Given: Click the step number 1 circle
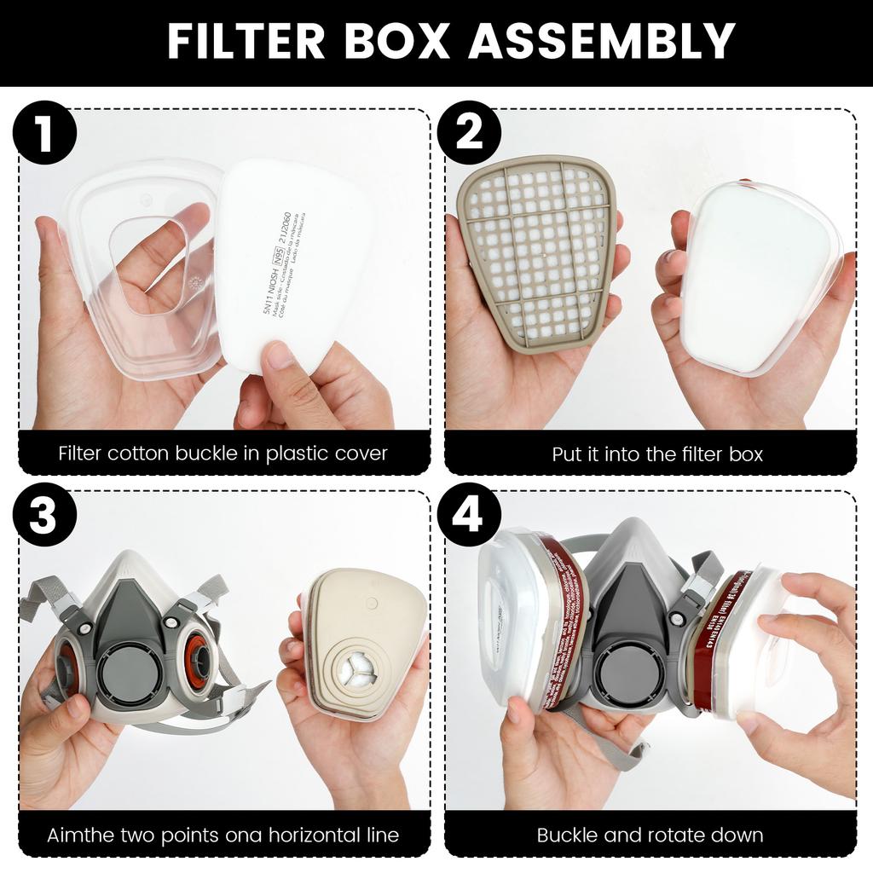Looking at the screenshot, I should (x=44, y=135).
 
